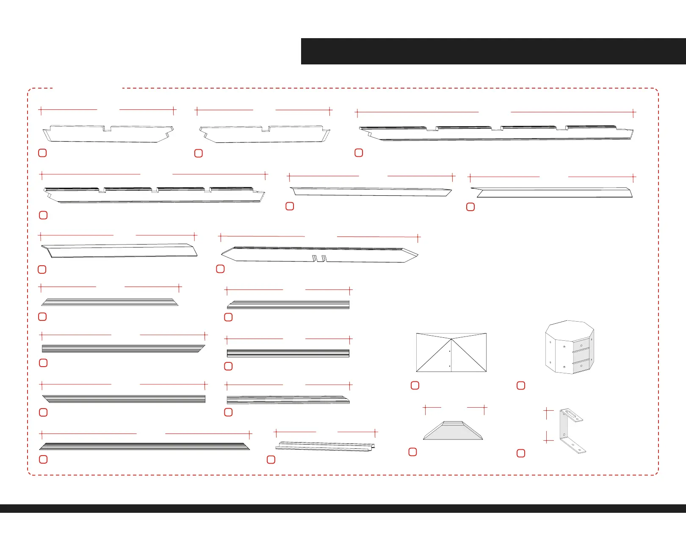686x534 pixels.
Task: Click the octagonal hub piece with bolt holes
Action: [570, 348]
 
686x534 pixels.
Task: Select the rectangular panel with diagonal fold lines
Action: [451, 353]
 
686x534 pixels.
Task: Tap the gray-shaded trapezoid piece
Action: [453, 431]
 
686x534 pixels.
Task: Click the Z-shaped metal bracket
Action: [572, 430]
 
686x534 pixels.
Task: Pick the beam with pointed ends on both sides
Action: [319, 254]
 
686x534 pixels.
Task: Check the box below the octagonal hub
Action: [521, 385]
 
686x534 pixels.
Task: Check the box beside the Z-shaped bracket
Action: [521, 453]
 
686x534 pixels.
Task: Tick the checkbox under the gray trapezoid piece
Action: [412, 452]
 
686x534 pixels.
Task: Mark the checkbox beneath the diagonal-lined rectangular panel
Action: [415, 385]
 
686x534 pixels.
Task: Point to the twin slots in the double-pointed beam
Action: [319, 259]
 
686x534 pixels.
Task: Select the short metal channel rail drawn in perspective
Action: [325, 446]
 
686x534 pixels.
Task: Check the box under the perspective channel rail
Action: [271, 459]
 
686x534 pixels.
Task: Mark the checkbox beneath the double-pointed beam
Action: [220, 269]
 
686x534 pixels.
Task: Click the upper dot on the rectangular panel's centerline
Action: [449, 351]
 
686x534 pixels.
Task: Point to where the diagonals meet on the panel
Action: [451, 339]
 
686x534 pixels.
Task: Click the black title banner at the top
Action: [493, 51]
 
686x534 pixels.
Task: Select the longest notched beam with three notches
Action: [496, 133]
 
